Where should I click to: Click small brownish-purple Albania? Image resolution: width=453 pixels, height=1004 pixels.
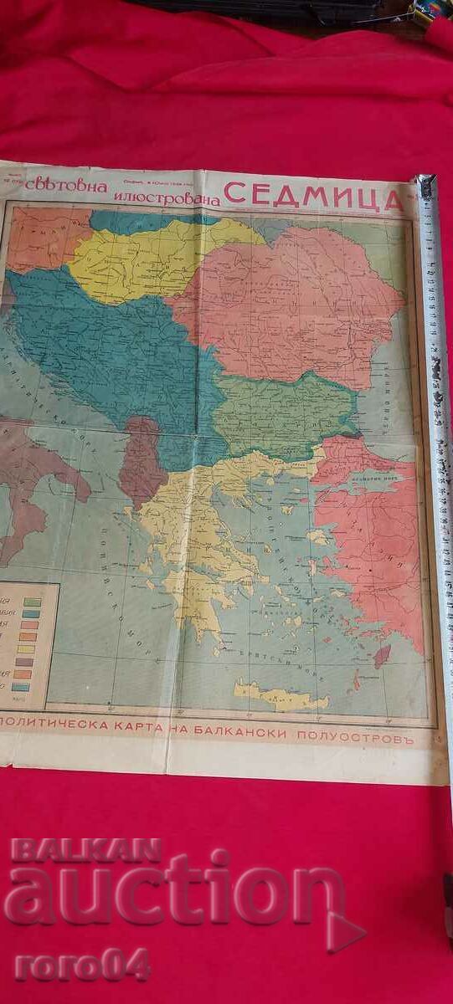pyautogui.click(x=142, y=464)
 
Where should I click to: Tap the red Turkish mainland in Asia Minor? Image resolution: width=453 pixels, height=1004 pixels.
pyautogui.click(x=377, y=535)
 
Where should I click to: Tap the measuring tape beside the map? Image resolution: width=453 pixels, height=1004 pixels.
pyautogui.click(x=436, y=418)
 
